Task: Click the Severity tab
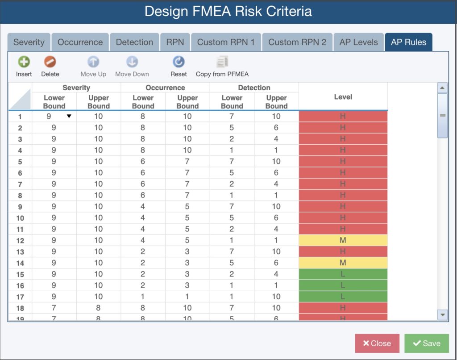coord(29,42)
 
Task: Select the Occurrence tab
coord(80,42)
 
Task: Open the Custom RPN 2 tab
coord(297,42)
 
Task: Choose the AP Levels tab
coord(358,42)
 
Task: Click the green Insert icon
coord(24,62)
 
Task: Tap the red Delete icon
coord(50,62)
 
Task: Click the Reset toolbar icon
coord(179,62)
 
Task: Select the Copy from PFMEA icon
coord(222,62)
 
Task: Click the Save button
coord(427,343)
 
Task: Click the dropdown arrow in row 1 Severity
coord(69,117)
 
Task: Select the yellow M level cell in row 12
coord(343,240)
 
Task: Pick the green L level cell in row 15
coord(343,274)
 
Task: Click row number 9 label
coord(20,207)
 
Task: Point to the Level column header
coord(343,96)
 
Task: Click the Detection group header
coord(254,88)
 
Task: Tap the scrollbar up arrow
coord(443,88)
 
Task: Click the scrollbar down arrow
coord(443,315)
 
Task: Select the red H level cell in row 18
coord(343,308)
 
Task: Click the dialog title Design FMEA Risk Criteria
coord(228,11)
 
